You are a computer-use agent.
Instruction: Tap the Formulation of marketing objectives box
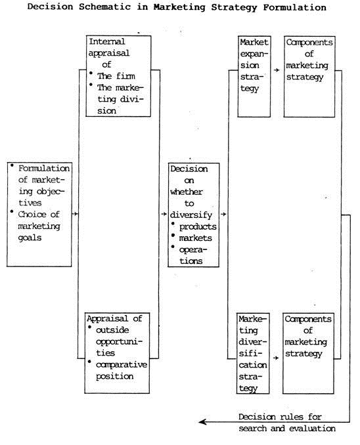pos(39,213)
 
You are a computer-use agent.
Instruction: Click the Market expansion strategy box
pos(254,77)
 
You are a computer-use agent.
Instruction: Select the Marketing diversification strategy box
pos(254,353)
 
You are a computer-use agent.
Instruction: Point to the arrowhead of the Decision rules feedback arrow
pos(202,422)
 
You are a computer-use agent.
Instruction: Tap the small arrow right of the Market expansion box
pos(277,69)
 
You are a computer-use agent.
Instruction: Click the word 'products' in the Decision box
pos(198,226)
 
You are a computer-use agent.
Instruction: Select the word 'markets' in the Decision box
pos(196,238)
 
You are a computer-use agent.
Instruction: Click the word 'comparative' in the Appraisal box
pos(122,364)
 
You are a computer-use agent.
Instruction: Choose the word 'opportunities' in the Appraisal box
pos(120,341)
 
